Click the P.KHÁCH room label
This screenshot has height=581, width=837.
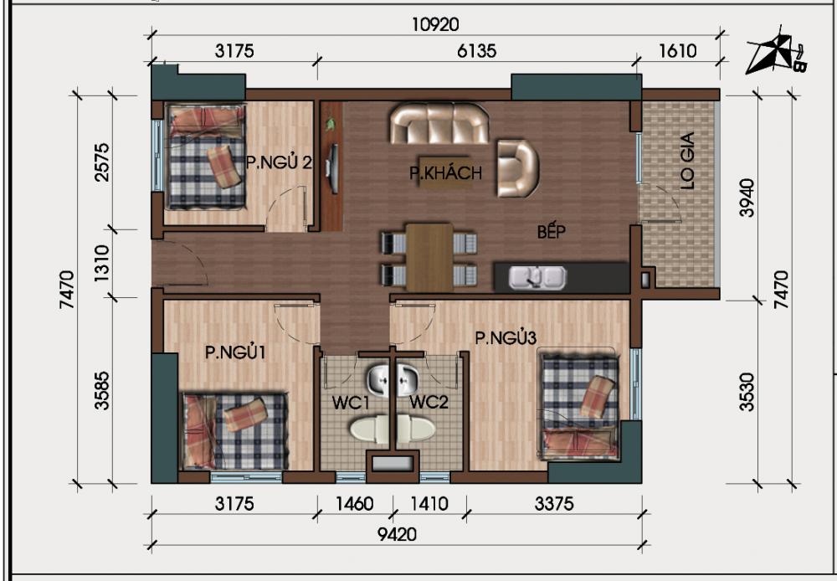tap(445, 173)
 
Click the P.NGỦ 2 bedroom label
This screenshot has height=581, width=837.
tap(279, 162)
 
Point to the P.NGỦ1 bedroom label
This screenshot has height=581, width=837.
tap(235, 352)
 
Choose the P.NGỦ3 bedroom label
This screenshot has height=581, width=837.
tap(506, 337)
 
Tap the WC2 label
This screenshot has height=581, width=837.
tap(429, 403)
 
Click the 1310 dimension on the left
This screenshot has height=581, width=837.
tap(102, 264)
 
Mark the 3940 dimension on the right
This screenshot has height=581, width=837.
tap(747, 197)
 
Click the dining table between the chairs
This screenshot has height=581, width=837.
tap(429, 255)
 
